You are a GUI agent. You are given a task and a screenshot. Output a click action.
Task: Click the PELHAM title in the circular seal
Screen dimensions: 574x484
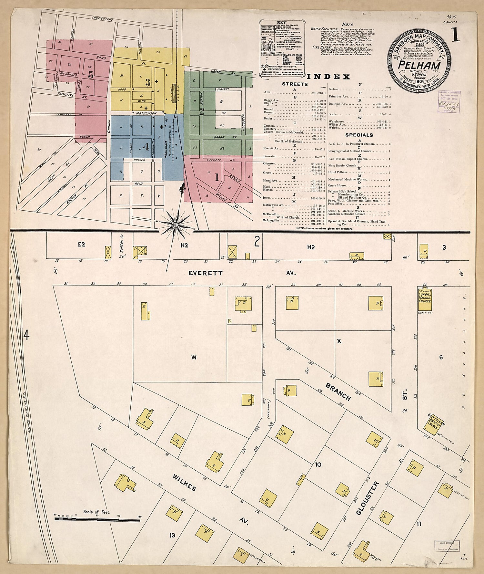click(419, 65)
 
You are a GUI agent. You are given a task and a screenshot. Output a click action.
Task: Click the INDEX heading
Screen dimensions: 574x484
click(329, 77)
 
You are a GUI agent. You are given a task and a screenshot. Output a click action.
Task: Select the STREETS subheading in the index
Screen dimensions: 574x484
click(295, 84)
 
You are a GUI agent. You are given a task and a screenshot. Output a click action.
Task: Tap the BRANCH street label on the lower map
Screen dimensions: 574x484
click(338, 391)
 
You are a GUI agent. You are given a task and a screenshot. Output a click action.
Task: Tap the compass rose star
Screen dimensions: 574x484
click(175, 224)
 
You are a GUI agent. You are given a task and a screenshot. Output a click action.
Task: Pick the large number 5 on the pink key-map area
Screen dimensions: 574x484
click(91, 75)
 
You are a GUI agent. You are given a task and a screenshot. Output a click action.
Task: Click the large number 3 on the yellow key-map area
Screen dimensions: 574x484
click(148, 83)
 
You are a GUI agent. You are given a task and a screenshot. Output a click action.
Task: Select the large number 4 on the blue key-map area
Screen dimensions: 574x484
click(146, 147)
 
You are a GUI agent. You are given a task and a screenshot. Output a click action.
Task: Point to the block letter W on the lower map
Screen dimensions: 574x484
click(194, 357)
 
